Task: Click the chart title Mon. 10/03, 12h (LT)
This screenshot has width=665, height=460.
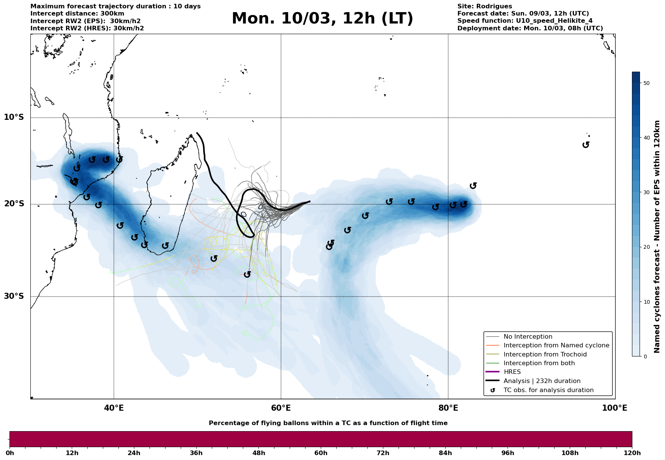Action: [322, 19]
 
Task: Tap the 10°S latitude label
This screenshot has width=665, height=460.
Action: [14, 117]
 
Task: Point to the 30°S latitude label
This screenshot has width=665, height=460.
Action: [14, 296]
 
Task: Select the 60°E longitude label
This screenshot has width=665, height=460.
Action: [281, 408]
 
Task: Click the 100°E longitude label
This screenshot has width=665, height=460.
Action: [615, 408]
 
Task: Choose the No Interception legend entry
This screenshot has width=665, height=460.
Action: [528, 337]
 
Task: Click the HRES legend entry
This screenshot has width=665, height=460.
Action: [512, 372]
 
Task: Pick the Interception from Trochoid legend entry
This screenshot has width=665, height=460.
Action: [545, 355]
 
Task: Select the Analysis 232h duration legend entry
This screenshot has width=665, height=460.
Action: [542, 381]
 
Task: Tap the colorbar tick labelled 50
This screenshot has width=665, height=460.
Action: [646, 83]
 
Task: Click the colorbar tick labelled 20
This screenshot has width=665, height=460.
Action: [646, 247]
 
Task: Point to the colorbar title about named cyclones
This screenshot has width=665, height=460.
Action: [657, 237]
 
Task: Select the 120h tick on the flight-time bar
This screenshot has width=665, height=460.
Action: [632, 453]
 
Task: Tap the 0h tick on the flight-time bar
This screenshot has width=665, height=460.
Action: [10, 453]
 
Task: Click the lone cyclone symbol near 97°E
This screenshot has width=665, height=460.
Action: [586, 144]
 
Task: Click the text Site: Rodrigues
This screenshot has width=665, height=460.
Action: [484, 6]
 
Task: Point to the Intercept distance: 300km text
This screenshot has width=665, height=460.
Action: [77, 14]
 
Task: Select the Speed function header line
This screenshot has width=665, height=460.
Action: [525, 21]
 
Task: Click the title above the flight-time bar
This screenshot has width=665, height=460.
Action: [328, 423]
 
